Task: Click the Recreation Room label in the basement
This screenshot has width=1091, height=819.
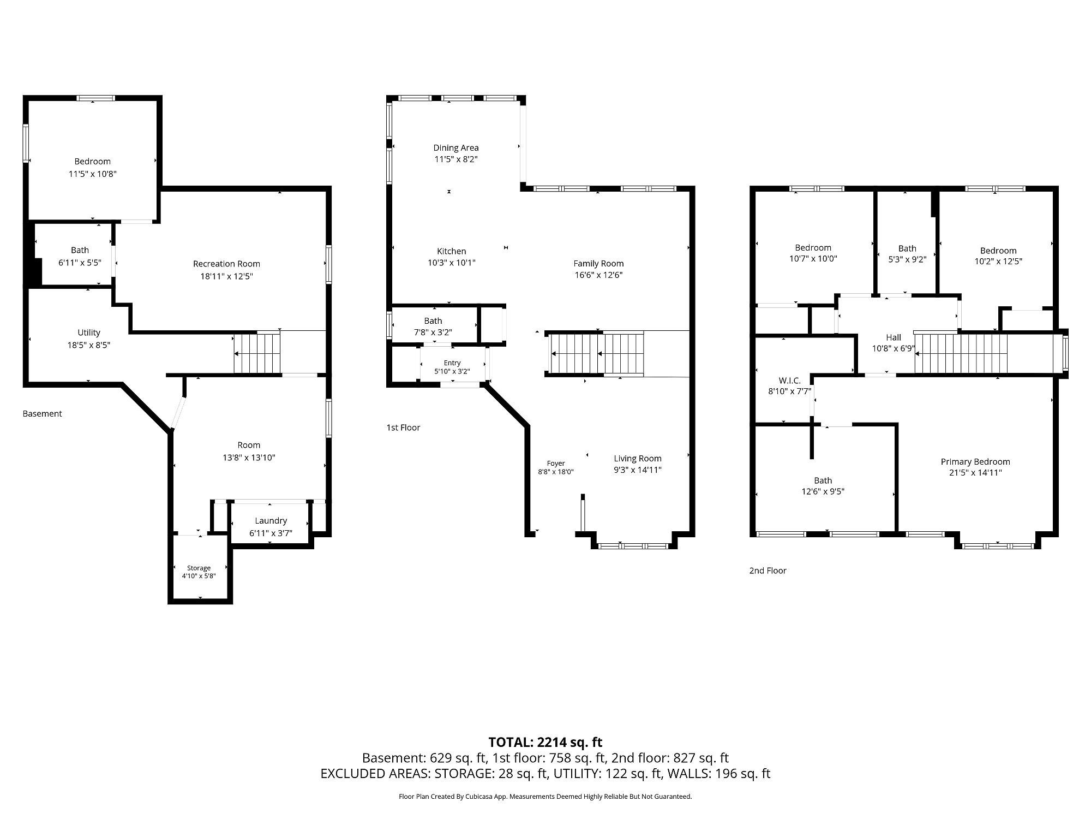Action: [x=226, y=264]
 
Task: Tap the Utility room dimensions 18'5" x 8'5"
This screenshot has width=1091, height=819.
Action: [x=89, y=345]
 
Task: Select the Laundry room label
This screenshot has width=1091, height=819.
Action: [x=271, y=521]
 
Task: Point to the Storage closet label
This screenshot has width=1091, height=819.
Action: [x=199, y=568]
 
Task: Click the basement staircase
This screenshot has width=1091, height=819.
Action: [x=257, y=353]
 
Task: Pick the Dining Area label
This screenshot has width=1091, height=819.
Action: [x=456, y=147]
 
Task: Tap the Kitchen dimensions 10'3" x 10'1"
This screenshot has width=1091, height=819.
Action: [x=452, y=263]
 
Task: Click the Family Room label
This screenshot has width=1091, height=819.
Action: [x=598, y=263]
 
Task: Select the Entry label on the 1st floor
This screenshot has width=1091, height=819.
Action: [x=452, y=363]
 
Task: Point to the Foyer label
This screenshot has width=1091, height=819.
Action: [x=556, y=464]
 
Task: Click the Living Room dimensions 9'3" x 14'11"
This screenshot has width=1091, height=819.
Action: [x=638, y=470]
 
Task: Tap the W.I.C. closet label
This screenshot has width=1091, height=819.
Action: [x=789, y=381]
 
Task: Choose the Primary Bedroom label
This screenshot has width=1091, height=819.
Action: [x=975, y=462]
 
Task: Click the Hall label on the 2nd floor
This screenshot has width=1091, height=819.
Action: [x=894, y=337]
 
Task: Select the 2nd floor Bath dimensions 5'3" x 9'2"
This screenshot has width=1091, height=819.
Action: [x=908, y=260]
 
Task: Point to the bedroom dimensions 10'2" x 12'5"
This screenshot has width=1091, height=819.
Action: [x=998, y=262]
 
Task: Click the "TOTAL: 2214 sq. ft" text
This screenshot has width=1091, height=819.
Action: [x=545, y=742]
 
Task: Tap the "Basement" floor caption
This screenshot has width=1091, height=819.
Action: [x=42, y=414]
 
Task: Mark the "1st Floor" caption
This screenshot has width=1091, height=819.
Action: [x=403, y=428]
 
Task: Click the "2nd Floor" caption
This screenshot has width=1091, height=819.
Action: [x=768, y=571]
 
